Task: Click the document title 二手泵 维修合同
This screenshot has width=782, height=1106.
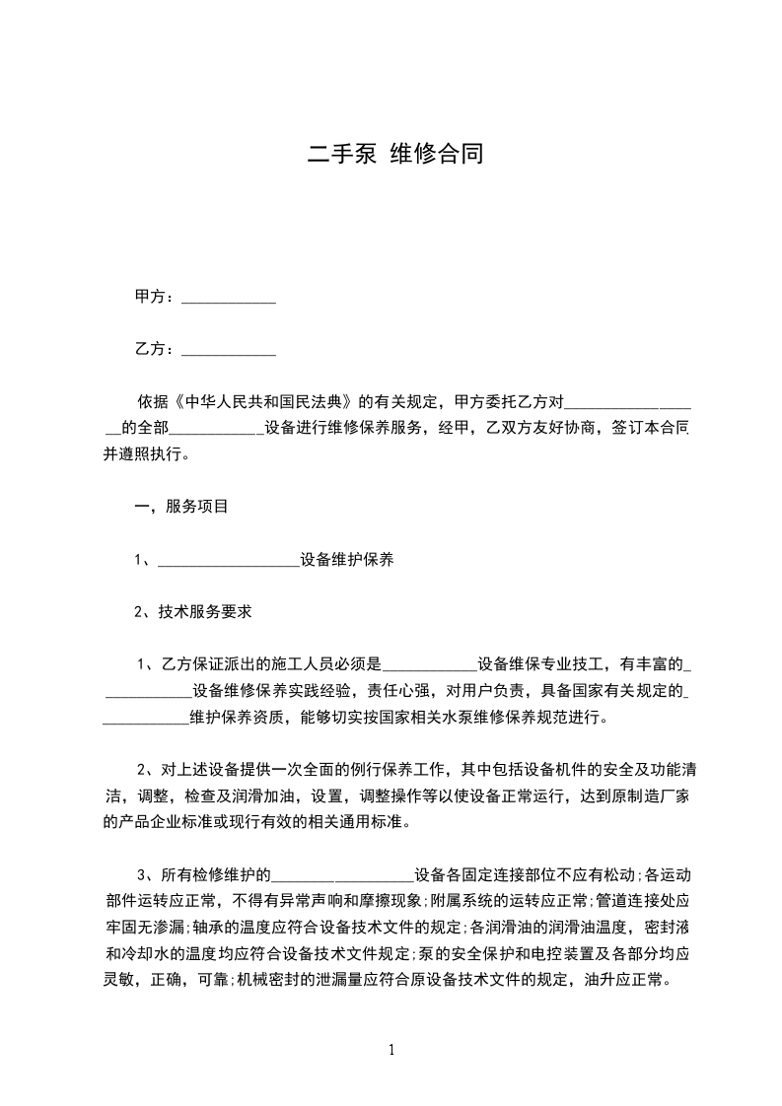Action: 394,154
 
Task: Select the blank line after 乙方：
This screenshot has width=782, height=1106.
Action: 230,350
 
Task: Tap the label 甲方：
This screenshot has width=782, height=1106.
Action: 155,297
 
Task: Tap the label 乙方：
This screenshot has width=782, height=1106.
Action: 155,349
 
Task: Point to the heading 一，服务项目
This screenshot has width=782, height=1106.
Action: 181,508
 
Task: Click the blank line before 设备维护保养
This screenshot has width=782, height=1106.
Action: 228,561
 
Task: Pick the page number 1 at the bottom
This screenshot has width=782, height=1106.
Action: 391,1051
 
